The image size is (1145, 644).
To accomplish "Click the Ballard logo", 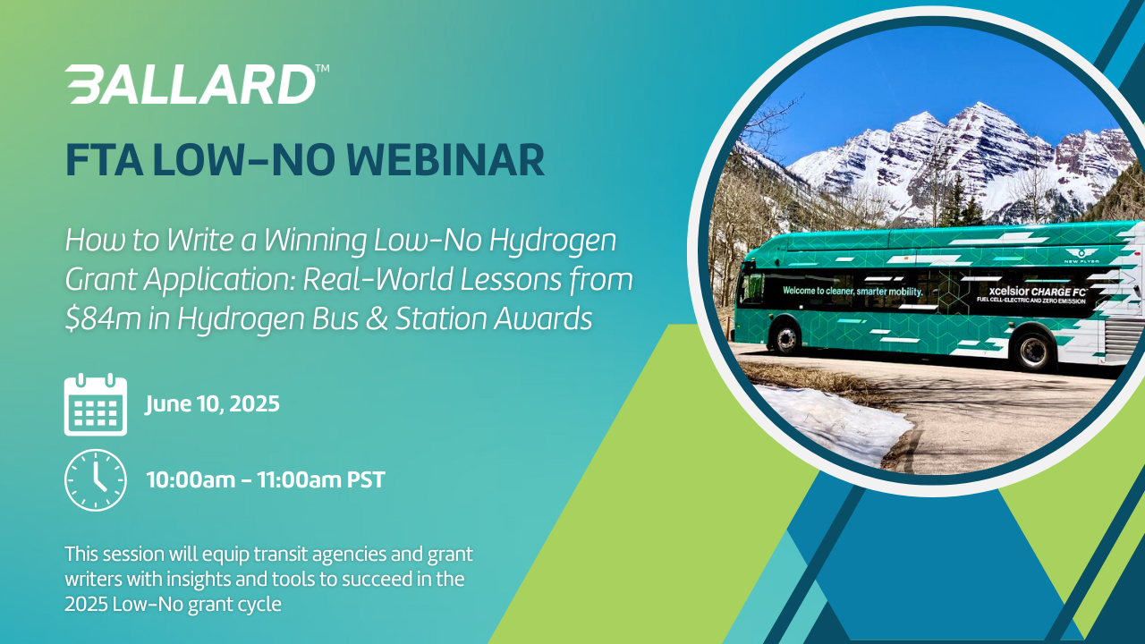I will tap(191, 84).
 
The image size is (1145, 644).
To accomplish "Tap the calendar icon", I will tap(96, 405).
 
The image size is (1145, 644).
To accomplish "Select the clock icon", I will tap(96, 480).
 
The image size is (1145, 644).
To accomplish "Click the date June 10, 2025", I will tap(213, 404).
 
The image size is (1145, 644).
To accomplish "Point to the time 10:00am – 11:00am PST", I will tap(266, 480).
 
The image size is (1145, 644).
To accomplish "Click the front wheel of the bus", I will tap(787, 338).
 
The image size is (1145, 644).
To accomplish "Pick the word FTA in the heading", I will tap(103, 160).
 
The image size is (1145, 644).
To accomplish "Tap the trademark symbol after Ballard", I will tap(322, 68).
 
